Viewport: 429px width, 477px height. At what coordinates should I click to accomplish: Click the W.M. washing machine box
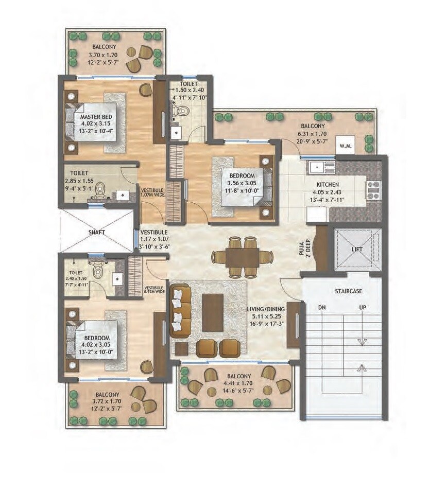coord(345,145)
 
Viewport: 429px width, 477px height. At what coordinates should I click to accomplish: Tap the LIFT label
coord(357,250)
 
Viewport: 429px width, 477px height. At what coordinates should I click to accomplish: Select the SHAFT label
coord(97,233)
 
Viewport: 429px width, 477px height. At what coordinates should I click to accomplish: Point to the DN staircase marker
coord(322,308)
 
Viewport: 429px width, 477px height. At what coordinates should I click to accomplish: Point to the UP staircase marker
coord(363,308)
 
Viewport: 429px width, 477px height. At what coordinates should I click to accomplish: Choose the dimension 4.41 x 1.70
coord(237,383)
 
